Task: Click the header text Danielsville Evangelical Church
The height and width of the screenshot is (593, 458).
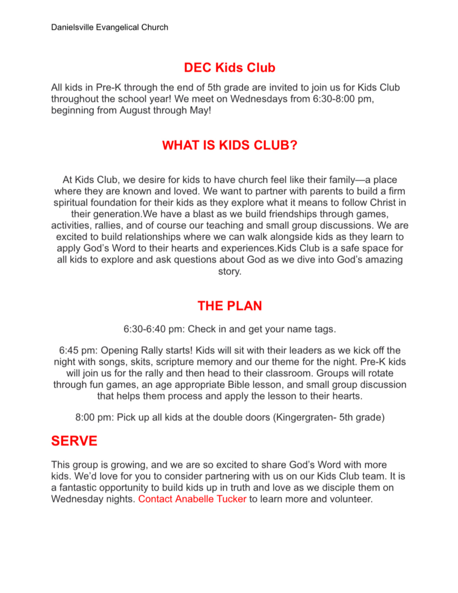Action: click(x=109, y=27)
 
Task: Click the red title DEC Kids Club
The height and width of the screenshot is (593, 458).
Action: click(x=229, y=68)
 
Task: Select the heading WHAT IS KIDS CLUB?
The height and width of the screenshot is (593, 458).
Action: click(x=229, y=145)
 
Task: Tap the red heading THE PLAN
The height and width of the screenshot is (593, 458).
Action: click(x=229, y=306)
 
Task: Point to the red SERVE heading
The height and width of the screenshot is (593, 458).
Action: click(x=74, y=441)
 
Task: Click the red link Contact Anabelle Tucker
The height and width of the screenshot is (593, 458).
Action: click(x=192, y=499)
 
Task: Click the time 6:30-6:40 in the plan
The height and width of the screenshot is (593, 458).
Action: click(x=144, y=329)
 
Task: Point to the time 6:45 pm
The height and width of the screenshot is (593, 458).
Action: click(x=78, y=350)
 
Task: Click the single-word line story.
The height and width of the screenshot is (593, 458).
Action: click(x=229, y=271)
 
